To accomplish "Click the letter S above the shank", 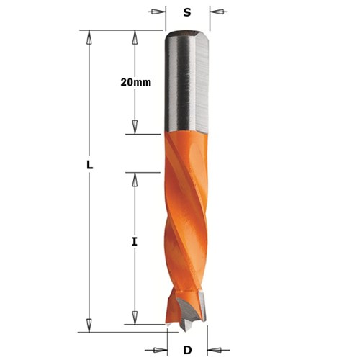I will coord(187,12).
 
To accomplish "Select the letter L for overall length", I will coord(89,165).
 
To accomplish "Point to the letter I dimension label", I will coord(134,243).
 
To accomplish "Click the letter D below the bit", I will coord(186,350).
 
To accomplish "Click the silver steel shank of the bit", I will coord(186,83).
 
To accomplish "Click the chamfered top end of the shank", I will coord(186,34).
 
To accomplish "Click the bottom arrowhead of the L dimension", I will coord(89,321).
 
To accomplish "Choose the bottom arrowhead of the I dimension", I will coord(134,321).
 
